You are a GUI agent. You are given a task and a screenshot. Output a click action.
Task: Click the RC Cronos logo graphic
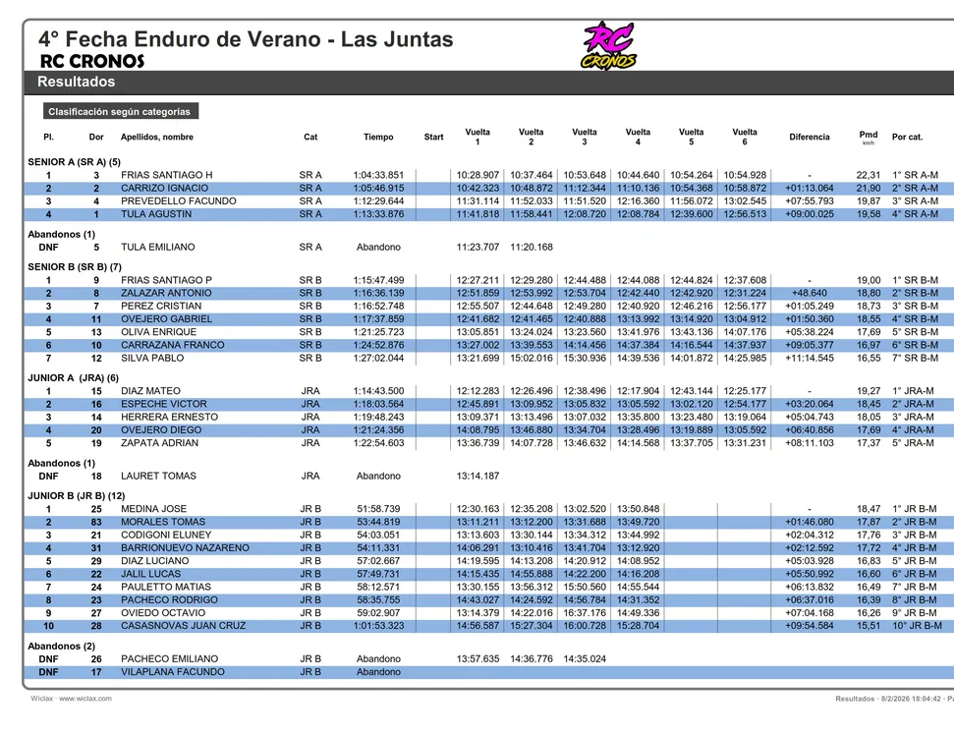click(609, 46)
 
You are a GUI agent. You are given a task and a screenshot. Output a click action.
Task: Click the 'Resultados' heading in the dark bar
click(77, 83)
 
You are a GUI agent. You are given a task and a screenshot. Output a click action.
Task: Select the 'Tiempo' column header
click(378, 138)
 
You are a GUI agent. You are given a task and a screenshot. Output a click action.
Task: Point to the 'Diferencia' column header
click(810, 138)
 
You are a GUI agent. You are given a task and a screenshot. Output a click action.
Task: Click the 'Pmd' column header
click(869, 135)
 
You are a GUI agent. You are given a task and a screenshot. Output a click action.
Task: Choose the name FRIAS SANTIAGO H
click(166, 175)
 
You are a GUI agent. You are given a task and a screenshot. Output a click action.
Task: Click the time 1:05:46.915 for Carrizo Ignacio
click(378, 188)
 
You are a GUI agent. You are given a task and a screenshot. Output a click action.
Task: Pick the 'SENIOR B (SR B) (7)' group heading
click(75, 266)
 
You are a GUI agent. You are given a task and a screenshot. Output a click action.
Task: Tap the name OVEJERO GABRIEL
click(166, 319)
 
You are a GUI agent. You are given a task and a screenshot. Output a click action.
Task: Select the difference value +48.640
click(810, 293)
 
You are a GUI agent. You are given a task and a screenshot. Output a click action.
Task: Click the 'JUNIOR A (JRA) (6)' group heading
click(74, 377)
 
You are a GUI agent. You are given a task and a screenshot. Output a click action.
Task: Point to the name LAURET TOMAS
click(158, 476)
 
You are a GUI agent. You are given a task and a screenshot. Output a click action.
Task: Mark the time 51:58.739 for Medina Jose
click(378, 509)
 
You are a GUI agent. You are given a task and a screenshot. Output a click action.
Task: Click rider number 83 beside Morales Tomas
click(96, 522)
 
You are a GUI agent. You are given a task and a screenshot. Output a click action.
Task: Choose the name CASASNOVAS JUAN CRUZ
click(183, 625)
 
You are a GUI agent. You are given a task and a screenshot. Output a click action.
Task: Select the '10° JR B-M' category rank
click(917, 625)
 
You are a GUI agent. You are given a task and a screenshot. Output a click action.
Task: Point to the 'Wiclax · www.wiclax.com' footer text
click(71, 699)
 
